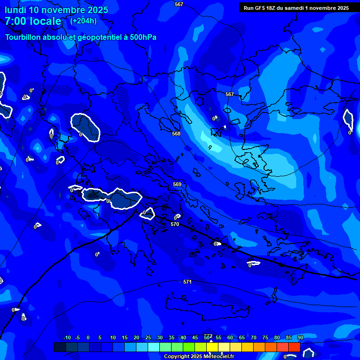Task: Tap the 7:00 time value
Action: (x=16, y=21)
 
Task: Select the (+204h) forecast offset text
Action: (x=83, y=21)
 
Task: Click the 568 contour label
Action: (x=176, y=134)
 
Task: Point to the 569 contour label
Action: (x=177, y=184)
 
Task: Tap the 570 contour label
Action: (x=175, y=225)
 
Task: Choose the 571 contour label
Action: (x=187, y=282)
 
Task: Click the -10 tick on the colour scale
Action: (x=67, y=337)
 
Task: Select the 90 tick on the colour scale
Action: (x=300, y=337)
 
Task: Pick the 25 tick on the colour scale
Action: (x=148, y=337)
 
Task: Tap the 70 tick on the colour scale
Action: (x=253, y=337)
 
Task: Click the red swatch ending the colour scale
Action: (x=294, y=347)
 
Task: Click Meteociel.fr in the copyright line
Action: (x=219, y=357)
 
